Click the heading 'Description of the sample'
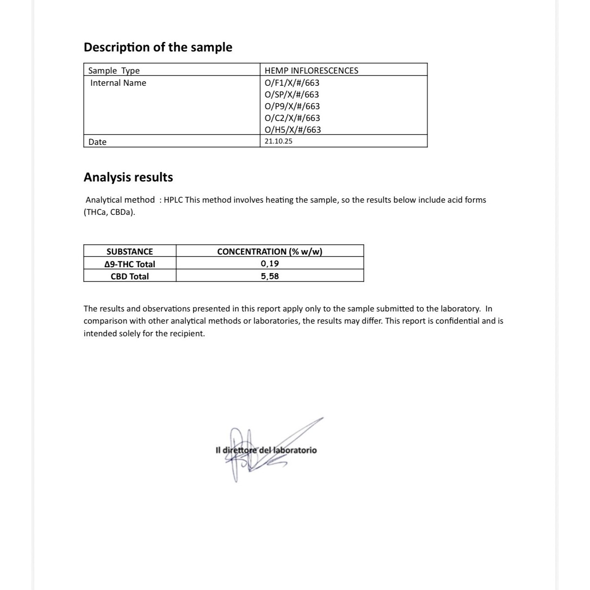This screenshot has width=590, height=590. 158,47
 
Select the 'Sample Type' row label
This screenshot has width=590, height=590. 114,70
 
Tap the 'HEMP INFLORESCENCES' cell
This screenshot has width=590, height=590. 311,70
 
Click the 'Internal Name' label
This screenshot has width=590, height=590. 118,83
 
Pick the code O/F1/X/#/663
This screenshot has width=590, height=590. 292,83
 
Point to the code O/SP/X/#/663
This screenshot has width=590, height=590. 292,94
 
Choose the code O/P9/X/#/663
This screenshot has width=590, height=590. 292,106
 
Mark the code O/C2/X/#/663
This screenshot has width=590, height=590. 292,118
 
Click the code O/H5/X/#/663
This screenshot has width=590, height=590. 293,130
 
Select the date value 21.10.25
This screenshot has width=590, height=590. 278,141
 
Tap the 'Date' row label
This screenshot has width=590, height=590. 98,142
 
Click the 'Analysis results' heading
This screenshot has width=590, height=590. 128,177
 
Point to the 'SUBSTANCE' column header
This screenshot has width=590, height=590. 130,251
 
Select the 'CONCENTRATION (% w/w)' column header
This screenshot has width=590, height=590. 269,251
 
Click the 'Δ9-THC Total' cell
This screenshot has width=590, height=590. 130,264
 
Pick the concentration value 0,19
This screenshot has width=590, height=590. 269,264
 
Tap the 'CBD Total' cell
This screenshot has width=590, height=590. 130,276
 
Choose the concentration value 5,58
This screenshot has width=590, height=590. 269,276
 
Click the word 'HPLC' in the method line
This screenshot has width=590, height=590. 173,200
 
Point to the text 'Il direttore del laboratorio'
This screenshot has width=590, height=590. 266,450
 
